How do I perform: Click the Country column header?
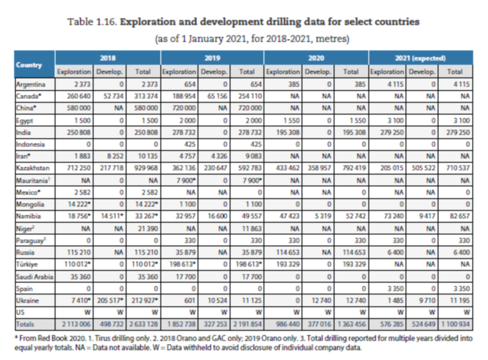pos(29,65)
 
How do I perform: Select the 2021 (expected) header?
pos(421,58)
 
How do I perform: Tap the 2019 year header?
pos(212,58)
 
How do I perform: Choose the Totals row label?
pos(25,324)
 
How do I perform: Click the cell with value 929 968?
pos(144,168)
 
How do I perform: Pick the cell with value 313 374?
pos(144,96)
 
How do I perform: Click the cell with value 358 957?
pos(319,168)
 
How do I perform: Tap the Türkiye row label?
pos(27,264)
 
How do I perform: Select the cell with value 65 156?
pos(215,96)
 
